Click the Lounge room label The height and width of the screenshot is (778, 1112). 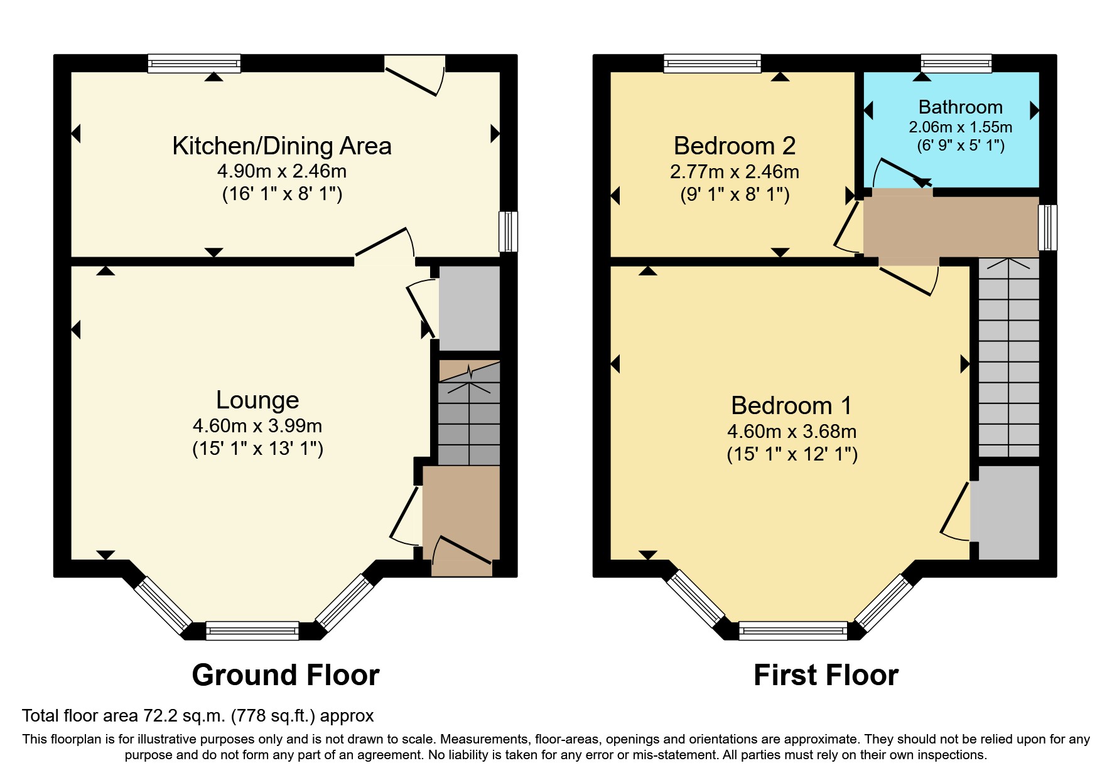257,400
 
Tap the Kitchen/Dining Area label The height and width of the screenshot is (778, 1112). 282,146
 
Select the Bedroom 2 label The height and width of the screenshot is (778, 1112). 735,146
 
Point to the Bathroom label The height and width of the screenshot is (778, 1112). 961,107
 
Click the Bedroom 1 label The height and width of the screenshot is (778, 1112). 792,405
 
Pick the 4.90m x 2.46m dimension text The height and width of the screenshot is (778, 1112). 282,171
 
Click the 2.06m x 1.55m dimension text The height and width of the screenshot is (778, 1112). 961,127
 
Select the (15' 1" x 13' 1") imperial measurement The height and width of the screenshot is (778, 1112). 257,449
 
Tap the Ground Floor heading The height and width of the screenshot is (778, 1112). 286,675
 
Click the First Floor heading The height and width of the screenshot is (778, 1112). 826,675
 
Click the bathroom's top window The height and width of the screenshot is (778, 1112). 956,63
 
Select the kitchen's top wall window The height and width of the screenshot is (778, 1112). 195,63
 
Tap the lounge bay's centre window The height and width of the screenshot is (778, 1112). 252,631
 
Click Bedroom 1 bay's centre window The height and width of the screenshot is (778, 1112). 793,631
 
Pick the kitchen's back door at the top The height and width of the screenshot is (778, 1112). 415,75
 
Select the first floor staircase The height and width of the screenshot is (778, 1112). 1009,358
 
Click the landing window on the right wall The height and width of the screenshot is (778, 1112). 1048,227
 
